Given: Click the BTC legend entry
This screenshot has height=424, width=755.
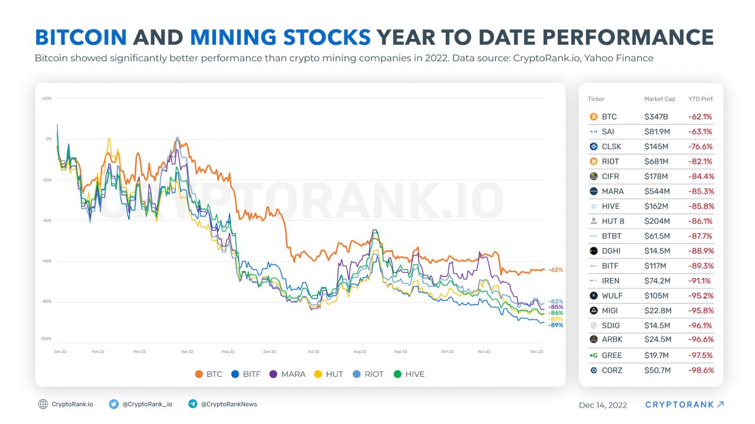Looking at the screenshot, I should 209,374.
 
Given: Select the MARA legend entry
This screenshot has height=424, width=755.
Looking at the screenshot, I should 288,374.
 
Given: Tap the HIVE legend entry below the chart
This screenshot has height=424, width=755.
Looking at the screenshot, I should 409,374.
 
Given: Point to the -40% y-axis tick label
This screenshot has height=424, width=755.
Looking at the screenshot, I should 47,220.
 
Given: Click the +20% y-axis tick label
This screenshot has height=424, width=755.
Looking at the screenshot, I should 47,98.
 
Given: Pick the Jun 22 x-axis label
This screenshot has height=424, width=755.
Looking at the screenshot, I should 270,352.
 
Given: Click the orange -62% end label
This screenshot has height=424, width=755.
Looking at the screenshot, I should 555,270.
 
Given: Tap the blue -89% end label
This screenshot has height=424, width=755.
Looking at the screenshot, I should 555,325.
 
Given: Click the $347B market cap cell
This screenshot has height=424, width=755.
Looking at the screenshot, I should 655,117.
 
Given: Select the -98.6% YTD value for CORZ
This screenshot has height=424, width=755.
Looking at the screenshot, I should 701,370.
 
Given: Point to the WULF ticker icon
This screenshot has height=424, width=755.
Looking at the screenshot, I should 593,296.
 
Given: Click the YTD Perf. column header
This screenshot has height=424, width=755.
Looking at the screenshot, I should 701,99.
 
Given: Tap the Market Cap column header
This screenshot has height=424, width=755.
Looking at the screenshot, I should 659,99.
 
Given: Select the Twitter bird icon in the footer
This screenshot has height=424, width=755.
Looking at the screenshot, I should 114,405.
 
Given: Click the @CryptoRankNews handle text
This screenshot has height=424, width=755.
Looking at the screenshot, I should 229,405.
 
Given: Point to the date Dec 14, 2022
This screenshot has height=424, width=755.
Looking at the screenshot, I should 603,405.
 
